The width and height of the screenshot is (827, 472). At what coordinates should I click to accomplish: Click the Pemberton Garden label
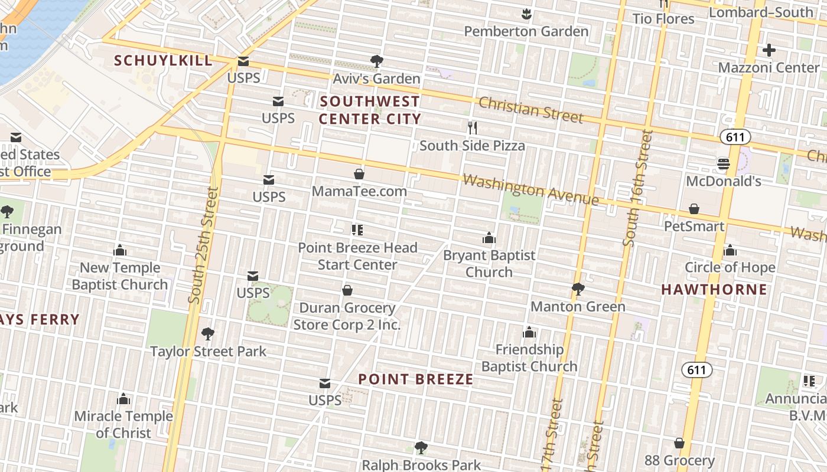coord(526,31)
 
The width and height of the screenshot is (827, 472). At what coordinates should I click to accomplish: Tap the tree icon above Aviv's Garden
coord(376,61)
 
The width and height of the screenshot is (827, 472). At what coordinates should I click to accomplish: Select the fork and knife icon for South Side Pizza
coord(472,127)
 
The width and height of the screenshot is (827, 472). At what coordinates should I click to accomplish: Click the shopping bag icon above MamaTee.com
coord(359,174)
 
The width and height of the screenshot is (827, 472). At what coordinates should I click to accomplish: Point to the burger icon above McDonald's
coord(723,163)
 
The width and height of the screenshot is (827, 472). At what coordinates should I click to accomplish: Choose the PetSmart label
coord(694,226)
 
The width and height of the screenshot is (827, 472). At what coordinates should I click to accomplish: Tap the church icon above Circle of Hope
coord(730,250)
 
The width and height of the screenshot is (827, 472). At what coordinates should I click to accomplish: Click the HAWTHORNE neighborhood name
coord(714,290)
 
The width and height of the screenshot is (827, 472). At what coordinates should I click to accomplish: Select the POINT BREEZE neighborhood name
coord(416,379)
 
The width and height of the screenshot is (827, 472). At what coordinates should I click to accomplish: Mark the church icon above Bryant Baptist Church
coord(489,238)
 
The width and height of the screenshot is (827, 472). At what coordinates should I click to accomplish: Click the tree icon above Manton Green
coord(578,289)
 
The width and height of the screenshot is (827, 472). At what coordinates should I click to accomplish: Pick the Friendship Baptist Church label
coord(529,358)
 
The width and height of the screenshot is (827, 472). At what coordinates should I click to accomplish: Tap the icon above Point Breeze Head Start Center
coord(357,230)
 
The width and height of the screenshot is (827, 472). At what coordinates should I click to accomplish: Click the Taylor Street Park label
coord(208,352)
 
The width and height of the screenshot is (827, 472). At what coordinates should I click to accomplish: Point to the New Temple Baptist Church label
coord(120,276)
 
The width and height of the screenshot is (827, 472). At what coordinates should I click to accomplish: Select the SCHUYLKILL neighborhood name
coord(163,60)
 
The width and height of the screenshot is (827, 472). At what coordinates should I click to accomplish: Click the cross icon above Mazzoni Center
coord(769,50)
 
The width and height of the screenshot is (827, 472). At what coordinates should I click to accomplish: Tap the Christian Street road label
coord(530,110)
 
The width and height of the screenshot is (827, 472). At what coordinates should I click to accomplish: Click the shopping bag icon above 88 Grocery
coord(679,443)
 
